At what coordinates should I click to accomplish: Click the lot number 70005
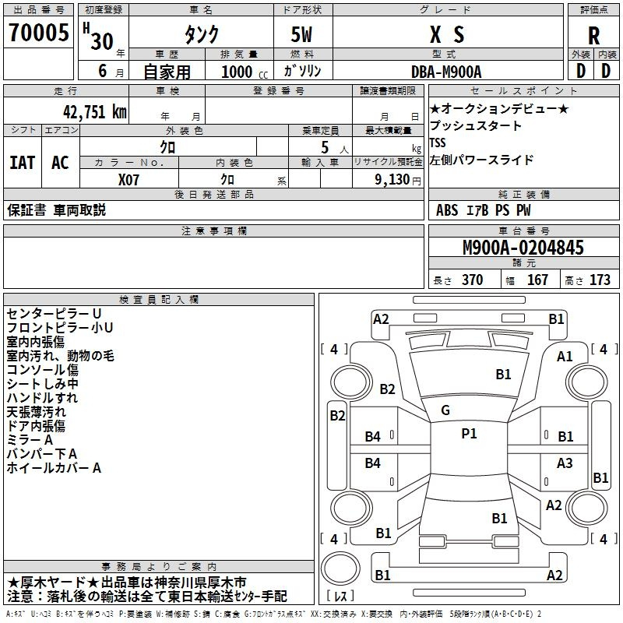pyautogui.click(x=38, y=32)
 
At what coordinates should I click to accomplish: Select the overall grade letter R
pyautogui.click(x=593, y=36)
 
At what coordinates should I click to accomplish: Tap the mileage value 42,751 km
pyautogui.click(x=94, y=112)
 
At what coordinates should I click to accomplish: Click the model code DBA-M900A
pyautogui.click(x=446, y=72)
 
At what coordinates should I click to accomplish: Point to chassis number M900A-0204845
pyautogui.click(x=523, y=247)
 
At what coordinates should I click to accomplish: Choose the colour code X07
pyautogui.click(x=128, y=180)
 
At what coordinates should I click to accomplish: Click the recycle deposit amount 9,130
pyautogui.click(x=392, y=180)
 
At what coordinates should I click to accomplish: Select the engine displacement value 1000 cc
pyautogui.click(x=245, y=72)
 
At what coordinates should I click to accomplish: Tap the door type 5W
pyautogui.click(x=301, y=34)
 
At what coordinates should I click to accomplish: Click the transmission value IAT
pyautogui.click(x=22, y=163)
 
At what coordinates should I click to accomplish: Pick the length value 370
pyautogui.click(x=472, y=280)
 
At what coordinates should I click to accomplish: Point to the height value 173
pyautogui.click(x=600, y=280)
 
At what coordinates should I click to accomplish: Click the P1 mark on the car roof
pyautogui.click(x=469, y=433)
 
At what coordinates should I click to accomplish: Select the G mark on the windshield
pyautogui.click(x=445, y=410)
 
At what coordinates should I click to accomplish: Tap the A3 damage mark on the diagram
pyautogui.click(x=565, y=463)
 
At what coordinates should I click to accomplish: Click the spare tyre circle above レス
pyautogui.click(x=340, y=568)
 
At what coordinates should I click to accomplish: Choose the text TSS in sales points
pyautogui.click(x=438, y=143)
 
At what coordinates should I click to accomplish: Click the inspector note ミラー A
pyautogui.click(x=30, y=440)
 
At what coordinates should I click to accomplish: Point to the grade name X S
pyautogui.click(x=447, y=34)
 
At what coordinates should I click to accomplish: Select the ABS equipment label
pyautogui.click(x=447, y=210)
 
